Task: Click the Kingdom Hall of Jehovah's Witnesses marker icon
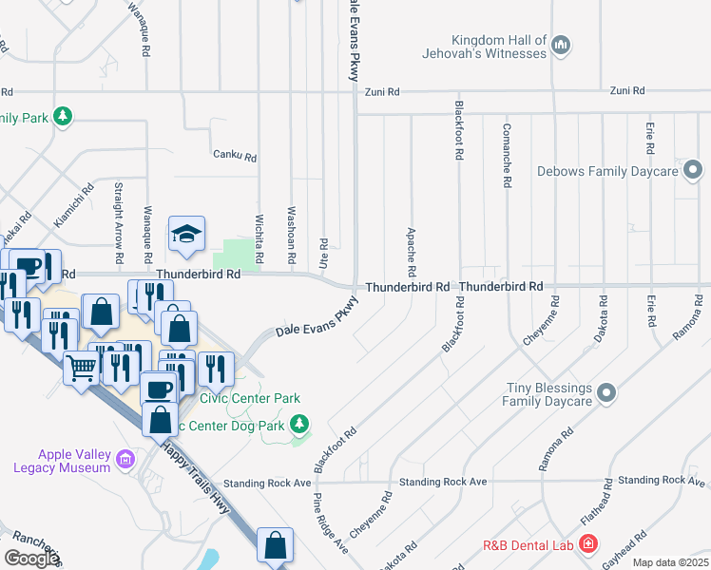pyautogui.click(x=561, y=46)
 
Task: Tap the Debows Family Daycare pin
pyautogui.click(x=694, y=171)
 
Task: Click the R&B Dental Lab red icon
pyautogui.click(x=588, y=544)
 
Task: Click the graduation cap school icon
pyautogui.click(x=187, y=235)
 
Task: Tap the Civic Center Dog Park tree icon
pyautogui.click(x=299, y=424)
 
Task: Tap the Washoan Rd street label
pyautogui.click(x=291, y=237)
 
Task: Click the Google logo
pyautogui.click(x=31, y=559)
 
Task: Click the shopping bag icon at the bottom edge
pyautogui.click(x=275, y=546)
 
